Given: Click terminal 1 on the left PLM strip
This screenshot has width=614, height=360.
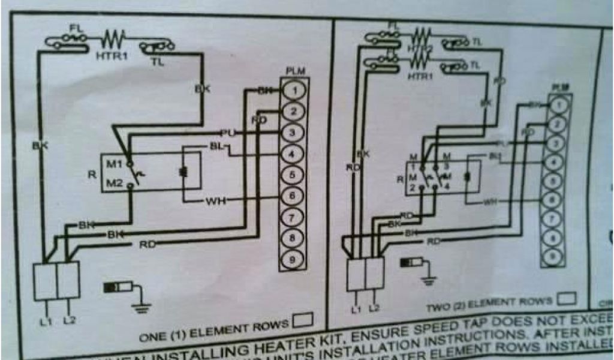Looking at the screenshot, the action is [293, 90].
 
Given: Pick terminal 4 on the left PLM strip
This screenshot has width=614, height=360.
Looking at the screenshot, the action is [293, 154].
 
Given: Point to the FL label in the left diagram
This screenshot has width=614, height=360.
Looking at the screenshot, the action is [75, 27].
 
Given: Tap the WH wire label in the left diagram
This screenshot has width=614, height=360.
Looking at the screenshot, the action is [215, 201].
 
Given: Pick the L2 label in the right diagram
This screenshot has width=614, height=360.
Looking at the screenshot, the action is [375, 308].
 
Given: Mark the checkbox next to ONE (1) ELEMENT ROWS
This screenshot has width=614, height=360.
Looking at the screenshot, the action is [303, 322].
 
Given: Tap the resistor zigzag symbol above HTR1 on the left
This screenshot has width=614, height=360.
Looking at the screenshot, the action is [112, 40].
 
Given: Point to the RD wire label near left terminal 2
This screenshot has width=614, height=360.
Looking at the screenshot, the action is [259, 120].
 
